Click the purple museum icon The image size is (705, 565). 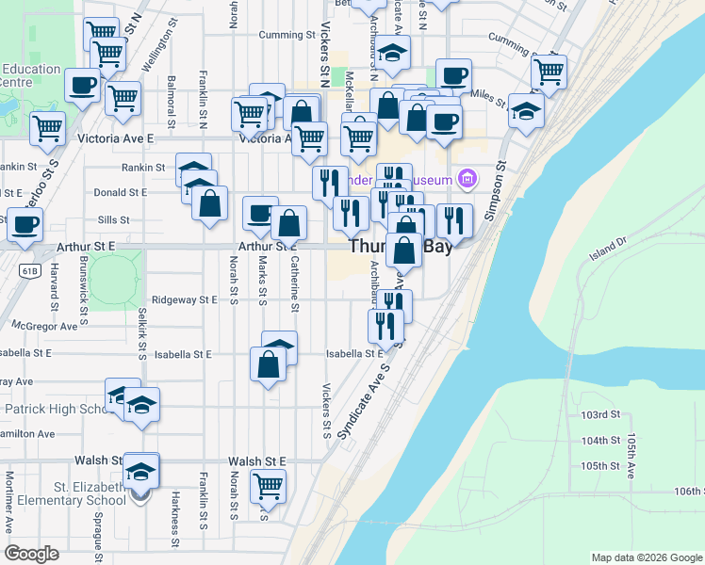pyautogui.click(x=466, y=178)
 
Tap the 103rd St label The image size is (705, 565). pyautogui.click(x=600, y=414)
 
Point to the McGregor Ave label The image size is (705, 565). pyautogui.click(x=44, y=326)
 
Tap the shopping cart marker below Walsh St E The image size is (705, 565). pyautogui.click(x=269, y=486)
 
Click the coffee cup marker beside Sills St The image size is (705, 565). pyautogui.click(x=260, y=213)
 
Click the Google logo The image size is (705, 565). pyautogui.click(x=31, y=553)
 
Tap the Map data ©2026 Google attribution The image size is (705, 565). pyautogui.click(x=647, y=557)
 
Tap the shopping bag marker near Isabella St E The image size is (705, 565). pyautogui.click(x=269, y=364)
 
